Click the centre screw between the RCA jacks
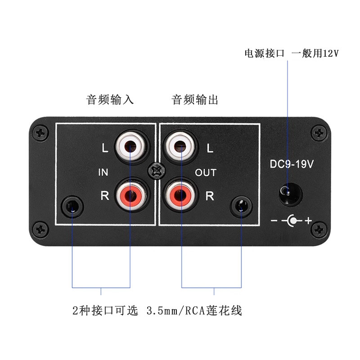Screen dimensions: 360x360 coord(155,171)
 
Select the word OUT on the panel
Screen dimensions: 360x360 coord(206,172)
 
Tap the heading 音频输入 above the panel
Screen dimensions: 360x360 coord(110,99)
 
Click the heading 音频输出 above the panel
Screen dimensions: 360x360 coord(195,99)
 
